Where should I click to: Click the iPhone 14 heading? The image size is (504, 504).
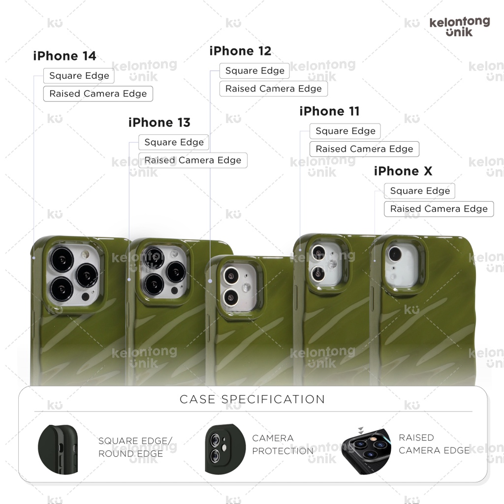pyautogui.click(x=64, y=56)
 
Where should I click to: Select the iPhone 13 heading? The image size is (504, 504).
pyautogui.click(x=159, y=123)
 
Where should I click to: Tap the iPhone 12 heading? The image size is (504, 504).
pyautogui.click(x=240, y=51)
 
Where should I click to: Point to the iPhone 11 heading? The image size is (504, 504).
pyautogui.click(x=329, y=112)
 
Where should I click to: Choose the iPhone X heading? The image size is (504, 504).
pyautogui.click(x=403, y=171)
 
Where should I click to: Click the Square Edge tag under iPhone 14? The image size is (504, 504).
pyautogui.click(x=79, y=76)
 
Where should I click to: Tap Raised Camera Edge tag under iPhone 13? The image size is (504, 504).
pyautogui.click(x=193, y=160)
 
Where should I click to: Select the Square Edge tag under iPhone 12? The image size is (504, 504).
pyautogui.click(x=254, y=71)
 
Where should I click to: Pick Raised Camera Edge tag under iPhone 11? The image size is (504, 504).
pyautogui.click(x=364, y=149)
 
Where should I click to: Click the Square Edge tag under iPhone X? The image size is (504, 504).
pyautogui.click(x=420, y=191)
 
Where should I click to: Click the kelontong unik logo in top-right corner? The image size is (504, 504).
pyautogui.click(x=459, y=27)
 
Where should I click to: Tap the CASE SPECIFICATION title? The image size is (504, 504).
pyautogui.click(x=252, y=399)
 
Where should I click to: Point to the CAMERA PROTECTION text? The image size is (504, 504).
pyautogui.click(x=283, y=444)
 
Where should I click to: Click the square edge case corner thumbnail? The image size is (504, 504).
pyautogui.click(x=58, y=448)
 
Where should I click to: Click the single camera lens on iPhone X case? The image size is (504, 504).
pyautogui.click(x=394, y=254)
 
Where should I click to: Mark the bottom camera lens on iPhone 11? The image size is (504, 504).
pyautogui.click(x=318, y=272)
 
